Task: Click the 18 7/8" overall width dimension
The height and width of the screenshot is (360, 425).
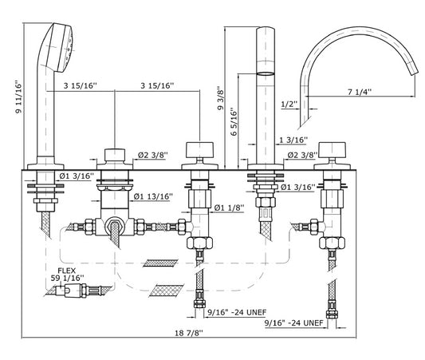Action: click(x=189, y=333)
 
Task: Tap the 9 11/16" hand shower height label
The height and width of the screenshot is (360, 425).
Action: click(x=18, y=97)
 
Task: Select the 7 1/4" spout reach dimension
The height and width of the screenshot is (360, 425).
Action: click(x=360, y=92)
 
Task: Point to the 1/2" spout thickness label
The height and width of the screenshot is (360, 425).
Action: click(x=289, y=104)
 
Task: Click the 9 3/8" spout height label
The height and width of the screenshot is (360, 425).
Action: click(x=220, y=98)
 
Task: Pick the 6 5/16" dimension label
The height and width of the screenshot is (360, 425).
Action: click(x=234, y=121)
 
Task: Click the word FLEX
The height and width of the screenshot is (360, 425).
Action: click(x=67, y=271)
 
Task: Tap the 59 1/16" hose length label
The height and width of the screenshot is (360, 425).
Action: click(x=68, y=278)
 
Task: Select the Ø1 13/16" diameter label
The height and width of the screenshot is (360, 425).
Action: click(x=153, y=196)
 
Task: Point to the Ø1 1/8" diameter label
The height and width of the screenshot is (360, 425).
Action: click(x=230, y=208)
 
